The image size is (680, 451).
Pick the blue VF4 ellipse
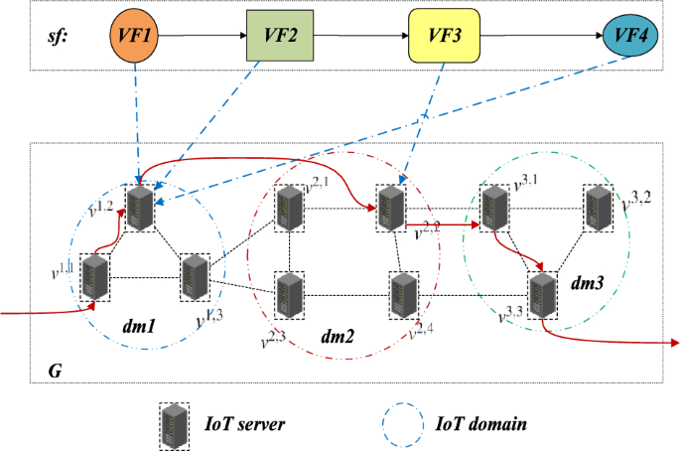coord(633,37)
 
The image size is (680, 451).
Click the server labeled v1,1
coord(96,277)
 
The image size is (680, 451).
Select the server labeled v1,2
coord(142,206)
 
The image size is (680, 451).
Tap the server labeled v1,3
coord(193,277)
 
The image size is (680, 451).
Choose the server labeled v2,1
coord(289,207)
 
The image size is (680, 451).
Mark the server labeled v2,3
coord(289,293)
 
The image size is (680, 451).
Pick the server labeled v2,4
coord(402,293)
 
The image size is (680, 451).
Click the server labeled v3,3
coord(542,294)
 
